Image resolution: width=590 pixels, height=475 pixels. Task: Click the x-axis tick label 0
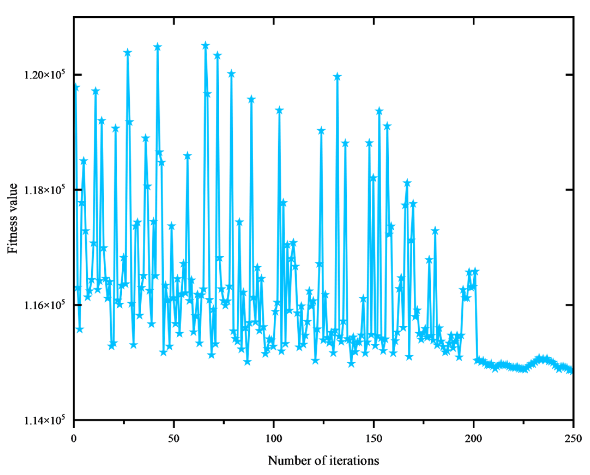point(74,438)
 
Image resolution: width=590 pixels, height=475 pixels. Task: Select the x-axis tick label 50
point(173,438)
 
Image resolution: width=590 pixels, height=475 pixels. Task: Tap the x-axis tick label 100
point(273,438)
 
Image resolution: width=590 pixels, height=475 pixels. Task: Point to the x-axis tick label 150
point(374,438)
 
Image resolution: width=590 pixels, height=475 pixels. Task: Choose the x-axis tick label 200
point(474,438)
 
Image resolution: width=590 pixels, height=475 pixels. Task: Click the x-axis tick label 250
point(573,438)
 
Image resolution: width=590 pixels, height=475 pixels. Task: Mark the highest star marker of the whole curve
point(206,46)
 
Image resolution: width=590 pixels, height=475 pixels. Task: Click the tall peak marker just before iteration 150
point(369,143)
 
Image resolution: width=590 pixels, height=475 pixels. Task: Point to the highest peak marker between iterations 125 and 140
point(337,77)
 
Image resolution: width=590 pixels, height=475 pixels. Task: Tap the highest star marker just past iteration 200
point(475,272)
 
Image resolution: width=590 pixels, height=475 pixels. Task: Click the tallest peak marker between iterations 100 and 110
point(279,110)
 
